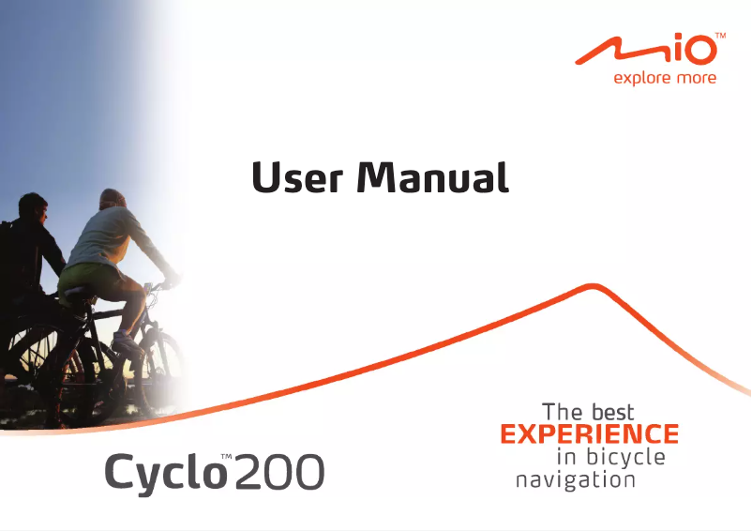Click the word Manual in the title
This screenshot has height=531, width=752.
point(433,177)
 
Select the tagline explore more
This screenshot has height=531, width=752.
point(664,78)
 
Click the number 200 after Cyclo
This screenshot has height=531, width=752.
point(278,472)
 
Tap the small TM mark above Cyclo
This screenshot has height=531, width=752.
point(225,457)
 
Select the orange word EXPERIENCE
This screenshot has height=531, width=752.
point(589,434)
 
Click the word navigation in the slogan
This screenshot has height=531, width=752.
point(576,480)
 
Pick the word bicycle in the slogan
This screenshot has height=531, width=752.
point(625,458)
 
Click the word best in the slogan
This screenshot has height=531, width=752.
point(613,412)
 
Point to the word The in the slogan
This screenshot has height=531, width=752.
point(563,412)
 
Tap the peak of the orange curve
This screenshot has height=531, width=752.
point(592,284)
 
